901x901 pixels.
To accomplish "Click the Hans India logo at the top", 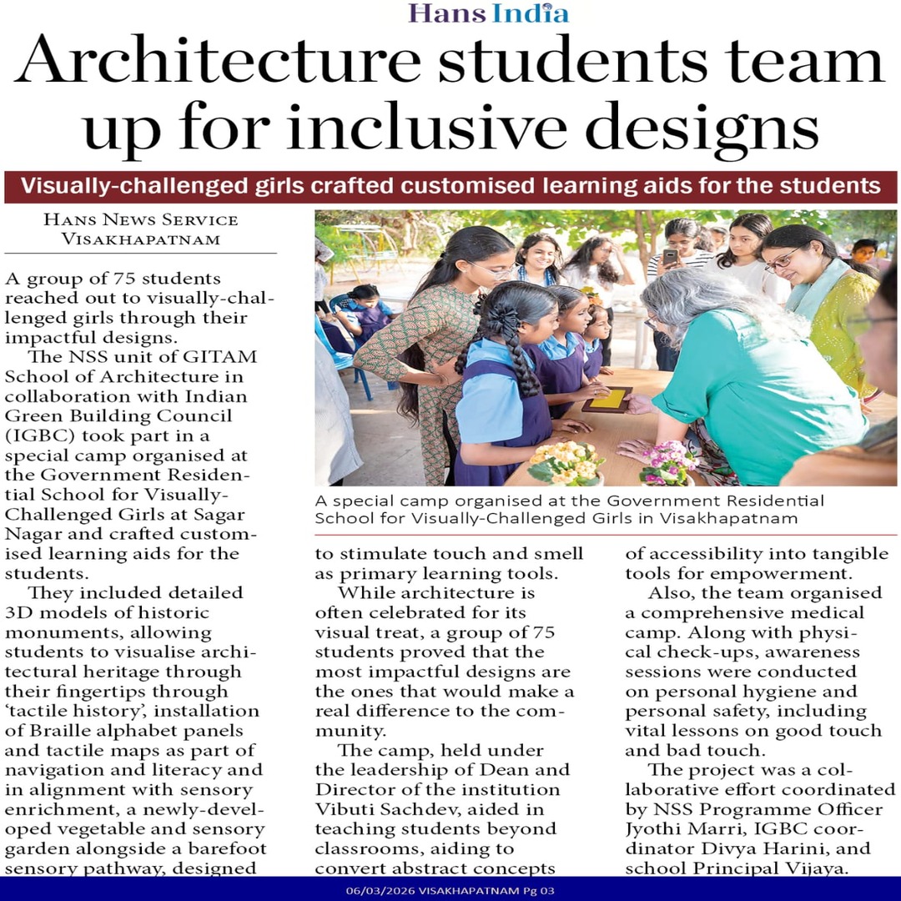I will (488, 13).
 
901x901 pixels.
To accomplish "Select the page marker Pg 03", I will (538, 891).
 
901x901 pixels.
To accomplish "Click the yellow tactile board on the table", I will (607, 399).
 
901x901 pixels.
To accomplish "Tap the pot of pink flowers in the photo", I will (668, 463).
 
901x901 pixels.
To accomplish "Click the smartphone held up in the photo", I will (670, 256).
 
